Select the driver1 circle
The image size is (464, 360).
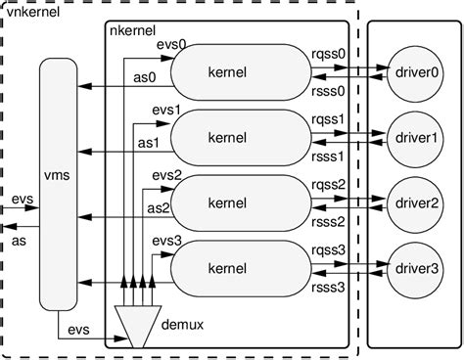pos(414,137)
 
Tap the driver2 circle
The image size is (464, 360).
pos(414,202)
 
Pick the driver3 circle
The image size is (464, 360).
pos(414,267)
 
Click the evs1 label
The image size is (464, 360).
pos(162,111)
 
